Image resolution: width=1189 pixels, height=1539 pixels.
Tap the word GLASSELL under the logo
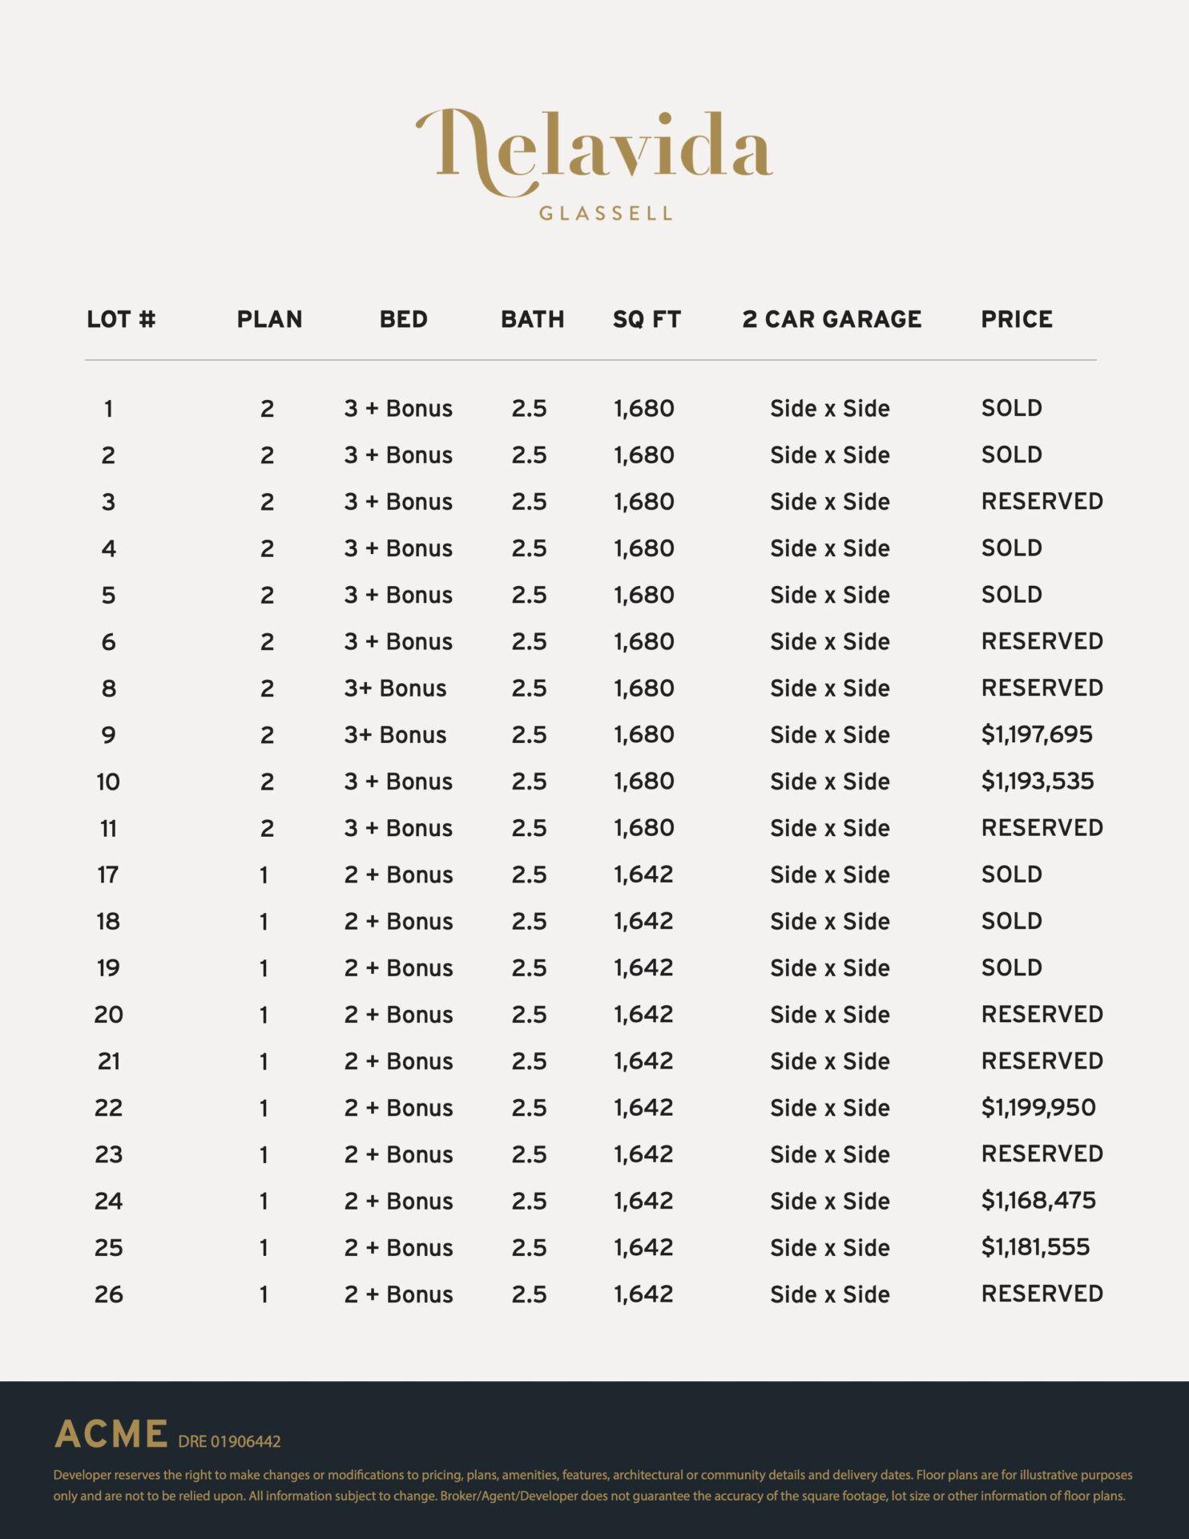point(606,213)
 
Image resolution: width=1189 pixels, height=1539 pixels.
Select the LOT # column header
point(121,319)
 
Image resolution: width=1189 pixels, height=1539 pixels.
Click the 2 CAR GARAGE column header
point(832,319)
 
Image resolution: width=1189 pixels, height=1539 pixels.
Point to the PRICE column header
point(1017,319)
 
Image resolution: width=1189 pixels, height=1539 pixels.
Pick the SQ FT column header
point(647,319)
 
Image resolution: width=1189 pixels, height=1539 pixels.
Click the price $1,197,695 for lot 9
point(1037,734)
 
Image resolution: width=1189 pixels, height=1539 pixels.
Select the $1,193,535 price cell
point(1038,781)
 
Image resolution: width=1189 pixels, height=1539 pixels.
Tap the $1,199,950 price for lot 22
point(1038,1107)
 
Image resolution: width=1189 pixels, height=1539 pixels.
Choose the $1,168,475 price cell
point(1038,1200)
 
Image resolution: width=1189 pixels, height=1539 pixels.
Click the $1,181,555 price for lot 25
point(1035,1246)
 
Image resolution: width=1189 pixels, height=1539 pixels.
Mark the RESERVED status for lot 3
point(1042,501)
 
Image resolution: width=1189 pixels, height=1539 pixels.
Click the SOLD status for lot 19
point(1011,967)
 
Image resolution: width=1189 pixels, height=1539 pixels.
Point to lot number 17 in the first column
point(108,875)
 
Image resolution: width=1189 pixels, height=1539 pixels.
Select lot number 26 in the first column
point(109,1294)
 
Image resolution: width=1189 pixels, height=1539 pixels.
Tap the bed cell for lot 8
point(395,688)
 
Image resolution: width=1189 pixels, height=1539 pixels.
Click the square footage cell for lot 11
point(644,828)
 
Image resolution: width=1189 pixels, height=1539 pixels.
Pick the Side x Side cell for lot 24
point(829,1201)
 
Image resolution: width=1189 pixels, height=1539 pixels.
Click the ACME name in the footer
point(111,1434)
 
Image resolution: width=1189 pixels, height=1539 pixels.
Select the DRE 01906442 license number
point(229,1441)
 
